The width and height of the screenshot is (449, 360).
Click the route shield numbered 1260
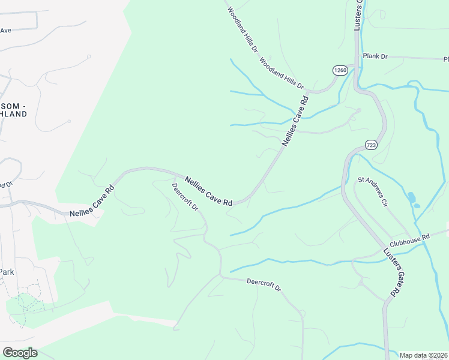pyautogui.click(x=340, y=70)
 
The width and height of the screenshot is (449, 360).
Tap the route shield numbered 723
pyautogui.click(x=371, y=145)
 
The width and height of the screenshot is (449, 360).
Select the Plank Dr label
pyautogui.click(x=375, y=56)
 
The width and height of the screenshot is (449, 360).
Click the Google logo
pyautogui.click(x=20, y=353)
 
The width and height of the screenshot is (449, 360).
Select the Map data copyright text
pyautogui.click(x=424, y=355)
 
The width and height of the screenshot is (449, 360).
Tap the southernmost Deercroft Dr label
pyautogui.click(x=264, y=284)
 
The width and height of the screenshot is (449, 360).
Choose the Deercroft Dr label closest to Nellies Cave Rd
pyautogui.click(x=185, y=197)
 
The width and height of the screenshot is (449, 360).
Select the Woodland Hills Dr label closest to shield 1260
pyautogui.click(x=282, y=73)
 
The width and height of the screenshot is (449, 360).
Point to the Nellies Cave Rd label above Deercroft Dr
pyautogui.click(x=208, y=191)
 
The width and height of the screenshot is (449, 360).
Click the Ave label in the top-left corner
pyautogui.click(x=6, y=30)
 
